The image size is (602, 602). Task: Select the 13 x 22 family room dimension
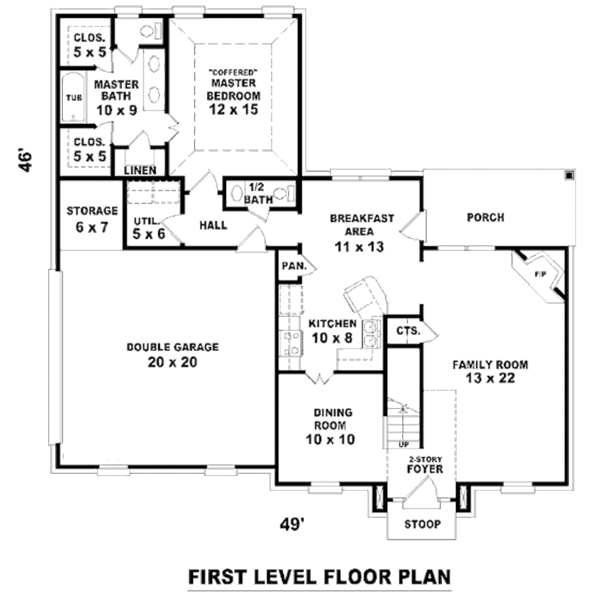pos(490,379)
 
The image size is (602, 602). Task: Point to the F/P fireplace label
pos(539,274)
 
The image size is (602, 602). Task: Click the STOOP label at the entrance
pos(422,524)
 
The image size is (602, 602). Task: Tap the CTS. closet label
pos(408,331)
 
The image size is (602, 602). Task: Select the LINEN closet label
pos(140,171)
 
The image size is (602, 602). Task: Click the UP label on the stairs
pos(403,444)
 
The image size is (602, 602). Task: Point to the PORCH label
pos(485,218)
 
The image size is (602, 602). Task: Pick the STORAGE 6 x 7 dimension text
pos(92,227)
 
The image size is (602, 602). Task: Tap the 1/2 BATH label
pos(257,193)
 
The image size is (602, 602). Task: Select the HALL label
pos(213,225)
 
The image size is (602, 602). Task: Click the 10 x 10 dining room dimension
pos(330,439)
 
